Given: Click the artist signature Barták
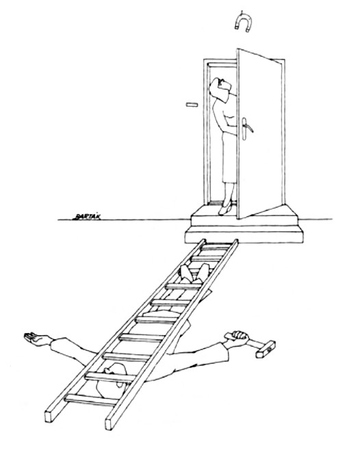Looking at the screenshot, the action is (87, 216).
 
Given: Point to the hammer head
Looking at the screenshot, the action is (266, 349).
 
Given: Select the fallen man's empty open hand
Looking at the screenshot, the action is (37, 339).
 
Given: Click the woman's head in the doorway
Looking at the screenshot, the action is (220, 88).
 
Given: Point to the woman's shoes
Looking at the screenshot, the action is (224, 208).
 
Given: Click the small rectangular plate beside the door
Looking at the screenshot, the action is (192, 104).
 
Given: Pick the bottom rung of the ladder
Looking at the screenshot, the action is (90, 399).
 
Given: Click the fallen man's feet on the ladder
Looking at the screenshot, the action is (194, 274).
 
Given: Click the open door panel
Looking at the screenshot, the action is (259, 133).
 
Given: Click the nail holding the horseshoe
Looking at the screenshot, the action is (242, 12).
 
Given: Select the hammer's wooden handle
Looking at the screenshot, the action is (252, 343).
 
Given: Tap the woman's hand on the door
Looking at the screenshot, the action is (233, 129).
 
